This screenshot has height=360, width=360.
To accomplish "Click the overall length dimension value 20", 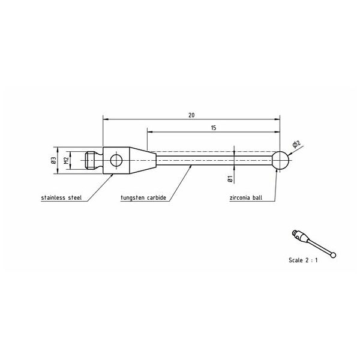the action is click(191, 115).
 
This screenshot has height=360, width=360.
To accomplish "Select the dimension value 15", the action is click(214, 128).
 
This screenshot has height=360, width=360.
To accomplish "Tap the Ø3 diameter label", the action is click(54, 160).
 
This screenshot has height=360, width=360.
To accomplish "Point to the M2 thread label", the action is click(67, 160).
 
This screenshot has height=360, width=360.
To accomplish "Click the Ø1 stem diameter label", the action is click(230, 179).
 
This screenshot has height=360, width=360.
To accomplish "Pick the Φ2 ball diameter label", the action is click(296, 144).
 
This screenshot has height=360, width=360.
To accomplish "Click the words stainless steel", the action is click(61, 197).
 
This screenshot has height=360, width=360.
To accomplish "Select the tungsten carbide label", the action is click(143, 197).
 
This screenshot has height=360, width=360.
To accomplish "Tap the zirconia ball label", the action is click(245, 197).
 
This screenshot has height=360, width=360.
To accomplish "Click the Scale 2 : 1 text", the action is click(303, 260).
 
